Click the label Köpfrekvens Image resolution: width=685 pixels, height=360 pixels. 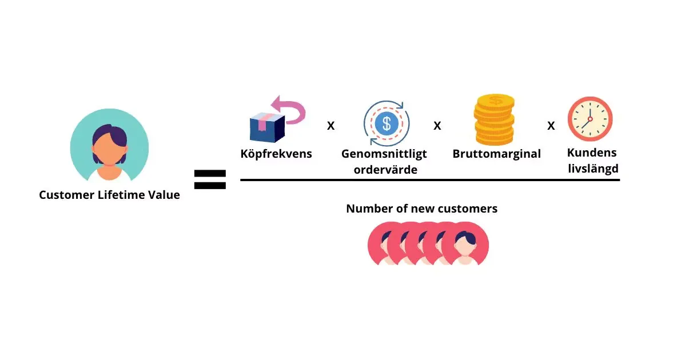tap(276, 154)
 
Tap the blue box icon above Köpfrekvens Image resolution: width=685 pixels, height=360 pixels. tap(267, 127)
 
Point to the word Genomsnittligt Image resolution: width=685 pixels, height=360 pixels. tap(384, 154)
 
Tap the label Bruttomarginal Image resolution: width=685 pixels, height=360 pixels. tap(496, 154)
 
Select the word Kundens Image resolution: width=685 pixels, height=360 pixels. tap(592, 153)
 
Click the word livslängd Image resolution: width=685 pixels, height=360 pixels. tap(592, 169)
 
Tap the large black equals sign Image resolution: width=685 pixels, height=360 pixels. tap(210, 179)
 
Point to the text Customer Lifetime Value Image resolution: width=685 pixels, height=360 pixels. tap(109, 195)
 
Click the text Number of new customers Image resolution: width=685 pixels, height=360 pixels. tap(421, 209)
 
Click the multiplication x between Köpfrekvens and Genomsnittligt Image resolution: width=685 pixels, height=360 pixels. tap(330, 126)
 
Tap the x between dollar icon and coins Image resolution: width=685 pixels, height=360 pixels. tap(437, 126)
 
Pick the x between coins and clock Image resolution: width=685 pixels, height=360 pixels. tap(551, 126)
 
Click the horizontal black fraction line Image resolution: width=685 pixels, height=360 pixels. tap(429, 180)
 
